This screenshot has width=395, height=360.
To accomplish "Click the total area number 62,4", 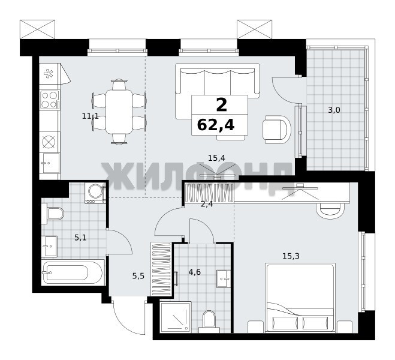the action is tap(216, 125).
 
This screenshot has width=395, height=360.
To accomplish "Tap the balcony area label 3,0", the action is tap(334, 110).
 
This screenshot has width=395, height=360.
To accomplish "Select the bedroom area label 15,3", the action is tap(291, 256).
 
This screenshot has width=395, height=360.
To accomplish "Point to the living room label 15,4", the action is tap(216, 158).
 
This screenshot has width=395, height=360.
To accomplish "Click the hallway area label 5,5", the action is tap(138, 277).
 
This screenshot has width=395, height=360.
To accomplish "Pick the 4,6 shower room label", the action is tap(195, 272).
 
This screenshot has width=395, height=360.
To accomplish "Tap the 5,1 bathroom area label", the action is tap(80, 238).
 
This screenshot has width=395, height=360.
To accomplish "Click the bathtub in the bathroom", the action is tap(73, 272).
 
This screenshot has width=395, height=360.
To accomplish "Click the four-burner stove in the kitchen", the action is tap(50, 100).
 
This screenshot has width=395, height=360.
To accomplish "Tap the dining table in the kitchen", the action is tap(119, 112).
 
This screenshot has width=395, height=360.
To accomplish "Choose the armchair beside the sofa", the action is tap(276, 130).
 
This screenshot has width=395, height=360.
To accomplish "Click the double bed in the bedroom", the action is tap(300, 298).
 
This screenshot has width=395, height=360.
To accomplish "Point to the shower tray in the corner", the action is tap(176, 317).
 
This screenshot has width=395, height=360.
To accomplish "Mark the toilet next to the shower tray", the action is tap(209, 322).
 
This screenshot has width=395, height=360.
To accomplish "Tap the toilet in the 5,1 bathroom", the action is tap(53, 214).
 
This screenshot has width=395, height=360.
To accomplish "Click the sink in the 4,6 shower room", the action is tap(224, 278).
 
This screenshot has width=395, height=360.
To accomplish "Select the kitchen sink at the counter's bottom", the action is tap(50, 163).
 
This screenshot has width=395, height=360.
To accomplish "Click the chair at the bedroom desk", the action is tap(330, 211).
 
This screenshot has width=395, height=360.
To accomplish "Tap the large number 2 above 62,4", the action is tap(222, 105).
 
